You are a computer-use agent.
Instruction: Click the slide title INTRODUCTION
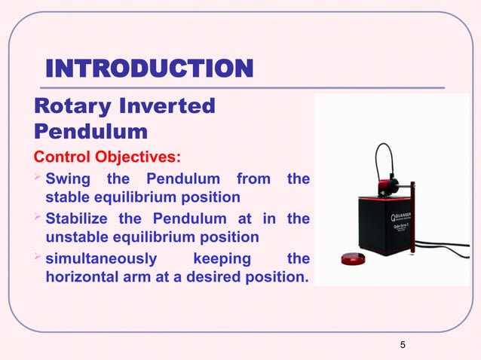pyautogui.click(x=149, y=71)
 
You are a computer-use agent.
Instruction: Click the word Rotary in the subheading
pyautogui.click(x=72, y=107)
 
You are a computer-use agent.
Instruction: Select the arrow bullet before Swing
pyautogui.click(x=40, y=179)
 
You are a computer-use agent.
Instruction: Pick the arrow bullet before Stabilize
pyautogui.click(x=40, y=219)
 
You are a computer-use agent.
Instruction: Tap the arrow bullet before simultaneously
pyautogui.click(x=40, y=259)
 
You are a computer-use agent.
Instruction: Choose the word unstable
pyautogui.click(x=77, y=237)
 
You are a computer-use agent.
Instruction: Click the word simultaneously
pyautogui.click(x=102, y=259)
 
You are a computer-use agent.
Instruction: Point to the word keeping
pyautogui.click(x=222, y=259)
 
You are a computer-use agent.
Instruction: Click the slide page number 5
pyautogui.click(x=403, y=345)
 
